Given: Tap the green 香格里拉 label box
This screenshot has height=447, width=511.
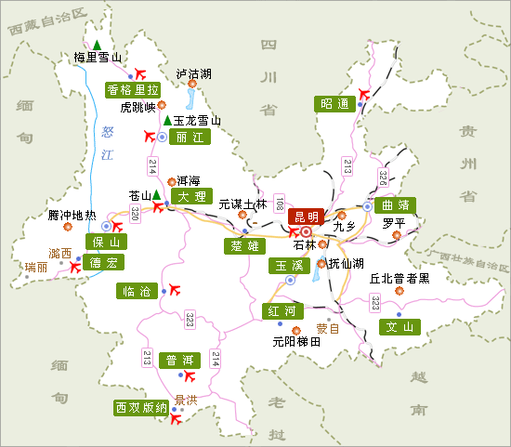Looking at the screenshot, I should tap(133, 90).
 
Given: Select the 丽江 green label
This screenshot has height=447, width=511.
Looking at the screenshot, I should tap(193, 136).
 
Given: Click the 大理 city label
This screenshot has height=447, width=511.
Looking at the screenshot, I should tap(192, 197).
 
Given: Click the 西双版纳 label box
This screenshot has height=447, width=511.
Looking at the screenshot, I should tap(140, 408).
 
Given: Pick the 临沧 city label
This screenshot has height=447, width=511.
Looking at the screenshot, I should tap(136, 291).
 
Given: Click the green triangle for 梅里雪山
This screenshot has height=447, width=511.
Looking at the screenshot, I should tap(97, 43).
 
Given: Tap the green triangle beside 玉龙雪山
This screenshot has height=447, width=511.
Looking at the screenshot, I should tap(167, 120).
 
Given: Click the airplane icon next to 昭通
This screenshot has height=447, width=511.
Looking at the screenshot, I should tap(364, 93).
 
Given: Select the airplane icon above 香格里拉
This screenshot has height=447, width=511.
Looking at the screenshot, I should tap(141, 72).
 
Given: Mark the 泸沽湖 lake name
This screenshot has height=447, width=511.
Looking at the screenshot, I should tap(194, 73).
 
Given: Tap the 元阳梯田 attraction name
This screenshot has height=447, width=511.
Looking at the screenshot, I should tap(295, 341).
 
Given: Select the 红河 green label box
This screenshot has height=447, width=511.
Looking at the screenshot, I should tap(282, 310).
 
